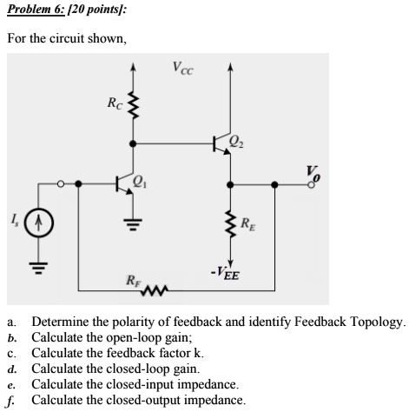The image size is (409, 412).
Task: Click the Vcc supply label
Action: (182, 67)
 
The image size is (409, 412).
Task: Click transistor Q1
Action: (126, 183)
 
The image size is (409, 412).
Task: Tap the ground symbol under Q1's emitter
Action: (132, 229)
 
